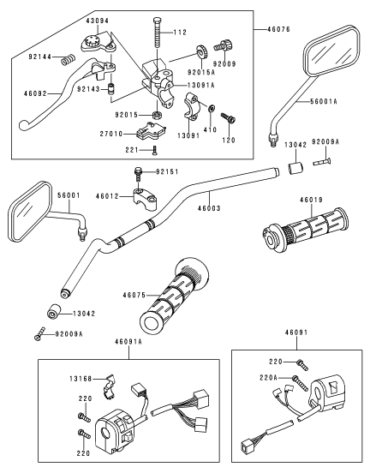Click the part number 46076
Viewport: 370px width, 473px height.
(278, 29)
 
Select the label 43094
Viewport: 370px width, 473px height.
(98, 21)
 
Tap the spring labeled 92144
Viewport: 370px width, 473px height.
(69, 59)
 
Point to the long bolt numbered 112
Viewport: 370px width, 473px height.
(157, 32)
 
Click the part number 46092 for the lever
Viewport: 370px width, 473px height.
(35, 93)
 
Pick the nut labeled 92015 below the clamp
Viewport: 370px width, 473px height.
(156, 115)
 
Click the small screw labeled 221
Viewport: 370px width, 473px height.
(155, 150)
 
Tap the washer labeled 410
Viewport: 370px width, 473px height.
(212, 108)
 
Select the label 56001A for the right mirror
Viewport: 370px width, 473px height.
(324, 102)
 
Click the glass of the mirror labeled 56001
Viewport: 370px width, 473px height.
(28, 211)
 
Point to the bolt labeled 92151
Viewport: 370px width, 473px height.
(137, 174)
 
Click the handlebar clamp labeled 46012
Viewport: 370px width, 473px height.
(145, 199)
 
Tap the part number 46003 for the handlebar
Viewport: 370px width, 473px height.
(209, 208)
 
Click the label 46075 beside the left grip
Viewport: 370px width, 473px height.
(134, 295)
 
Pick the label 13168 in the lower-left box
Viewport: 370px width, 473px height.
(81, 378)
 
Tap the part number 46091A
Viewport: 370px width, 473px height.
(128, 342)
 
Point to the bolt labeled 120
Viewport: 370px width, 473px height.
(228, 118)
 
